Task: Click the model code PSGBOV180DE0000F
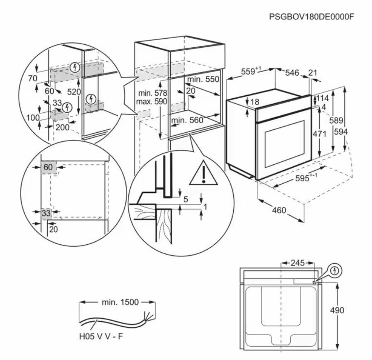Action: pos(312,17)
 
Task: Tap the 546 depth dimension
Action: pos(292,73)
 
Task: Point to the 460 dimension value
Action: pos(279,211)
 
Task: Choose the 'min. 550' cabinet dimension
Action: pos(202,79)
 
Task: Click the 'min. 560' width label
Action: pos(186,120)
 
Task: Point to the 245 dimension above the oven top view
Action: pos(297,263)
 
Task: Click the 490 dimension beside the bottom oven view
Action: pos(337,310)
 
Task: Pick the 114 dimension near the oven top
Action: pos(323,98)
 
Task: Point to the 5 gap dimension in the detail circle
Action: pos(185,199)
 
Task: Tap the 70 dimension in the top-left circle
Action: pos(33,78)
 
